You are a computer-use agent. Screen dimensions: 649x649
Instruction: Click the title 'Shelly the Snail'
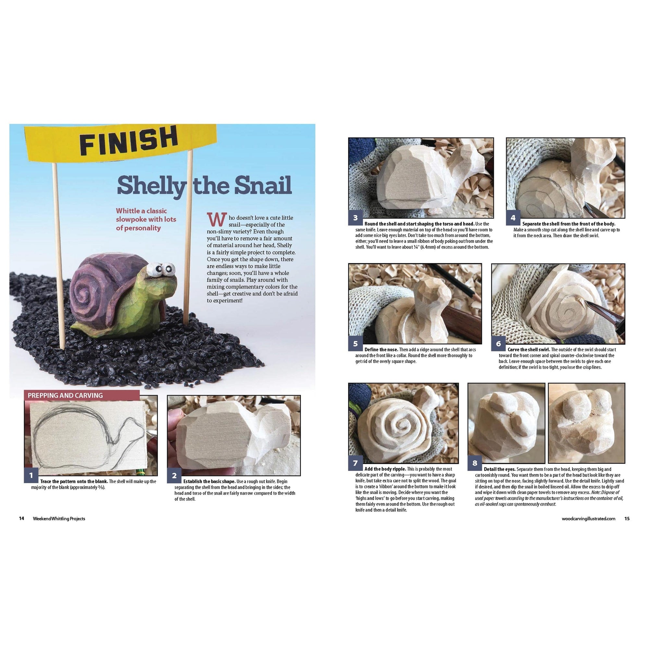204,185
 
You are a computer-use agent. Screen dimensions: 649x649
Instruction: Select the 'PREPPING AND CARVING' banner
82,395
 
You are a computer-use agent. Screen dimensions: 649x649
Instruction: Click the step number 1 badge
31,475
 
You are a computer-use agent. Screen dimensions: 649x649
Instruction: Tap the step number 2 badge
174,475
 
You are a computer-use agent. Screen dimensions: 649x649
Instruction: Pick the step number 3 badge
355,218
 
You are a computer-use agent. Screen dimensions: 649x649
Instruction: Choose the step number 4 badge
513,218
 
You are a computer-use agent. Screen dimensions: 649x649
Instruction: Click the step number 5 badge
355,343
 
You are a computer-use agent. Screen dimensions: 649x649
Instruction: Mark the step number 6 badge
498,343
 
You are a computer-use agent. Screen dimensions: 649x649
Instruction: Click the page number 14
21,518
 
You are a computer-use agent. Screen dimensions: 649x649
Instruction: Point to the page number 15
627,518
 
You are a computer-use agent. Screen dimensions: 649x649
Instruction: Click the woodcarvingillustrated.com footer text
589,518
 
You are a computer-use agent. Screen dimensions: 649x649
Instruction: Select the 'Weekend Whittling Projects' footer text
59,518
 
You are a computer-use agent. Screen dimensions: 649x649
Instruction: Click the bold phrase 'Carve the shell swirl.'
529,349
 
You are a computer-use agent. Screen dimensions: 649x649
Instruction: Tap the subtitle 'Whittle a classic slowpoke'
146,215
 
